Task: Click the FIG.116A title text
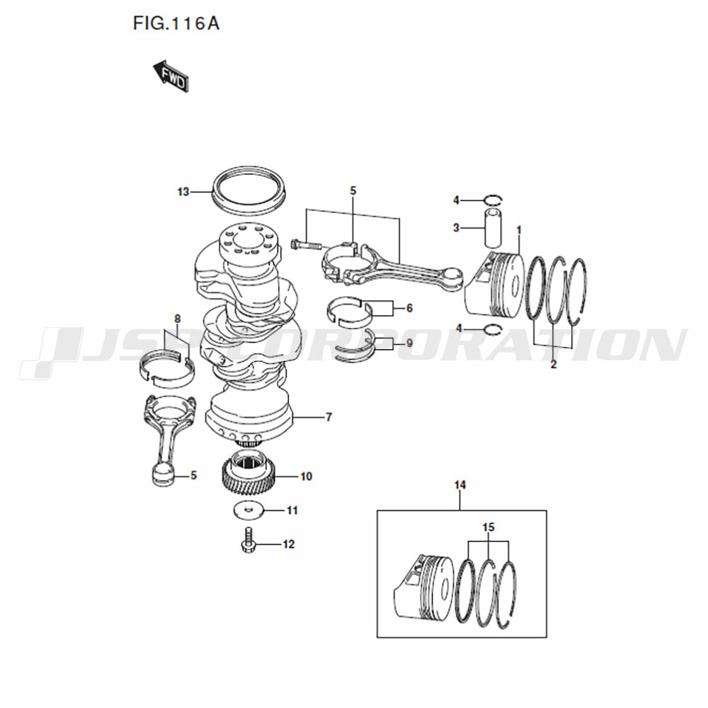point(176,23)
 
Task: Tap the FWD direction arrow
point(171,76)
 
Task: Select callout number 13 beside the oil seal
point(183,192)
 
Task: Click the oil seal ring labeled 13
point(249,189)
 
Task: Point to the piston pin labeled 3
point(493,227)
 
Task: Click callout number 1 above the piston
point(519,230)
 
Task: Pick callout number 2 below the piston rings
point(554,365)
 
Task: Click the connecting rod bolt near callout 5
point(306,246)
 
